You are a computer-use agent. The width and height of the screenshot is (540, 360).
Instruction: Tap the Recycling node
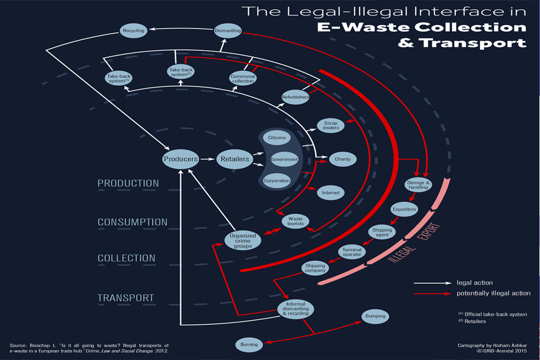pyautogui.click(x=133, y=31)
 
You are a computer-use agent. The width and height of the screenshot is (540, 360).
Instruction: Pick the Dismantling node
pyautogui.click(x=227, y=31)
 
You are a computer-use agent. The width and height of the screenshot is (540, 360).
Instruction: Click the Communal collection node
pyautogui.click(x=242, y=78)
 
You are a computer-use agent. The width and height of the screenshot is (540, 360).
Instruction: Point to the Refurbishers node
pyautogui.click(x=295, y=98)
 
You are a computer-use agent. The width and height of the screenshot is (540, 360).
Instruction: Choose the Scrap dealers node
pyautogui.click(x=331, y=125)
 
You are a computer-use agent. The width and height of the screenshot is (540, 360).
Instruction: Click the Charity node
pyautogui.click(x=342, y=159)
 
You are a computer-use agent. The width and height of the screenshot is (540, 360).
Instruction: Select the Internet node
pyautogui.click(x=330, y=192)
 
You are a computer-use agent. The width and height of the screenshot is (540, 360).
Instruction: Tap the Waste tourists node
pyautogui.click(x=295, y=221)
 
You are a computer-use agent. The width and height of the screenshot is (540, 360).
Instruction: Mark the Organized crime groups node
pyautogui.click(x=242, y=241)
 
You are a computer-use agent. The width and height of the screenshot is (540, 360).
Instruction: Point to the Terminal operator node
pyautogui.click(x=352, y=252)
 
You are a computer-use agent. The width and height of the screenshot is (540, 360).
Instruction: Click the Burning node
pyautogui.click(x=249, y=344)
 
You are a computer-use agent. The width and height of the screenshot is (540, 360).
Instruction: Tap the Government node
pyautogui.click(x=284, y=159)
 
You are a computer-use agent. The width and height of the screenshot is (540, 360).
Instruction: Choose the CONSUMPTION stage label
pyautogui.click(x=132, y=222)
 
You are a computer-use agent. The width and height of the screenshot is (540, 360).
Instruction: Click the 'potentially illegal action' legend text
pyautogui.click(x=494, y=293)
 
